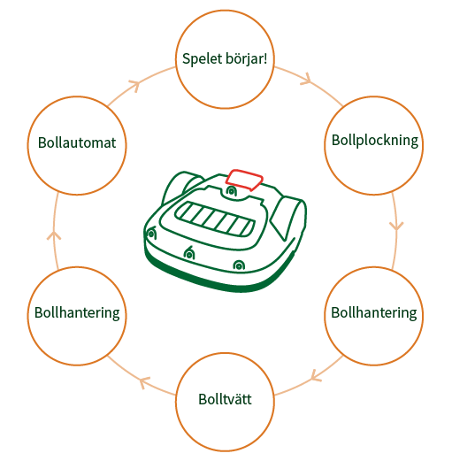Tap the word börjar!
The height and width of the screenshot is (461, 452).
point(247,58)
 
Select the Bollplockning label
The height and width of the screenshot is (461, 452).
point(375,141)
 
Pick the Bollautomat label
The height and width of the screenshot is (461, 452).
point(77,142)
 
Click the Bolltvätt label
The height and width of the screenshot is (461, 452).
point(225,399)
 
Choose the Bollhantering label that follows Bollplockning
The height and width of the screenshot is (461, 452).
point(374,312)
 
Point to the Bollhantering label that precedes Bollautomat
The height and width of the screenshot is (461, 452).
point(77,312)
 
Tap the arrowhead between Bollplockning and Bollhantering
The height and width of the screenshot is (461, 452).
point(396,227)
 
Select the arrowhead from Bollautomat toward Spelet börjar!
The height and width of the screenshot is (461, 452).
point(134,86)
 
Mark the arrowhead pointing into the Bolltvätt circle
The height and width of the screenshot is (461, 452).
point(316,375)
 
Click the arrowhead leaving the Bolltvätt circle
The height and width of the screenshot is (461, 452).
point(144,382)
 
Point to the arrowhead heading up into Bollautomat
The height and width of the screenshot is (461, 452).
point(54,235)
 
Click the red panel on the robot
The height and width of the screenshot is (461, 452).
point(244,180)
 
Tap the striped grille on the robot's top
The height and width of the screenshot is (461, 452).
point(215,219)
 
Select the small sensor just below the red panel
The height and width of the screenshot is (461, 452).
point(232,191)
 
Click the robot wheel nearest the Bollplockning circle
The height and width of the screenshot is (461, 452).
point(289,217)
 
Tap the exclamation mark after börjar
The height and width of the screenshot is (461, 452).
point(265,58)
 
